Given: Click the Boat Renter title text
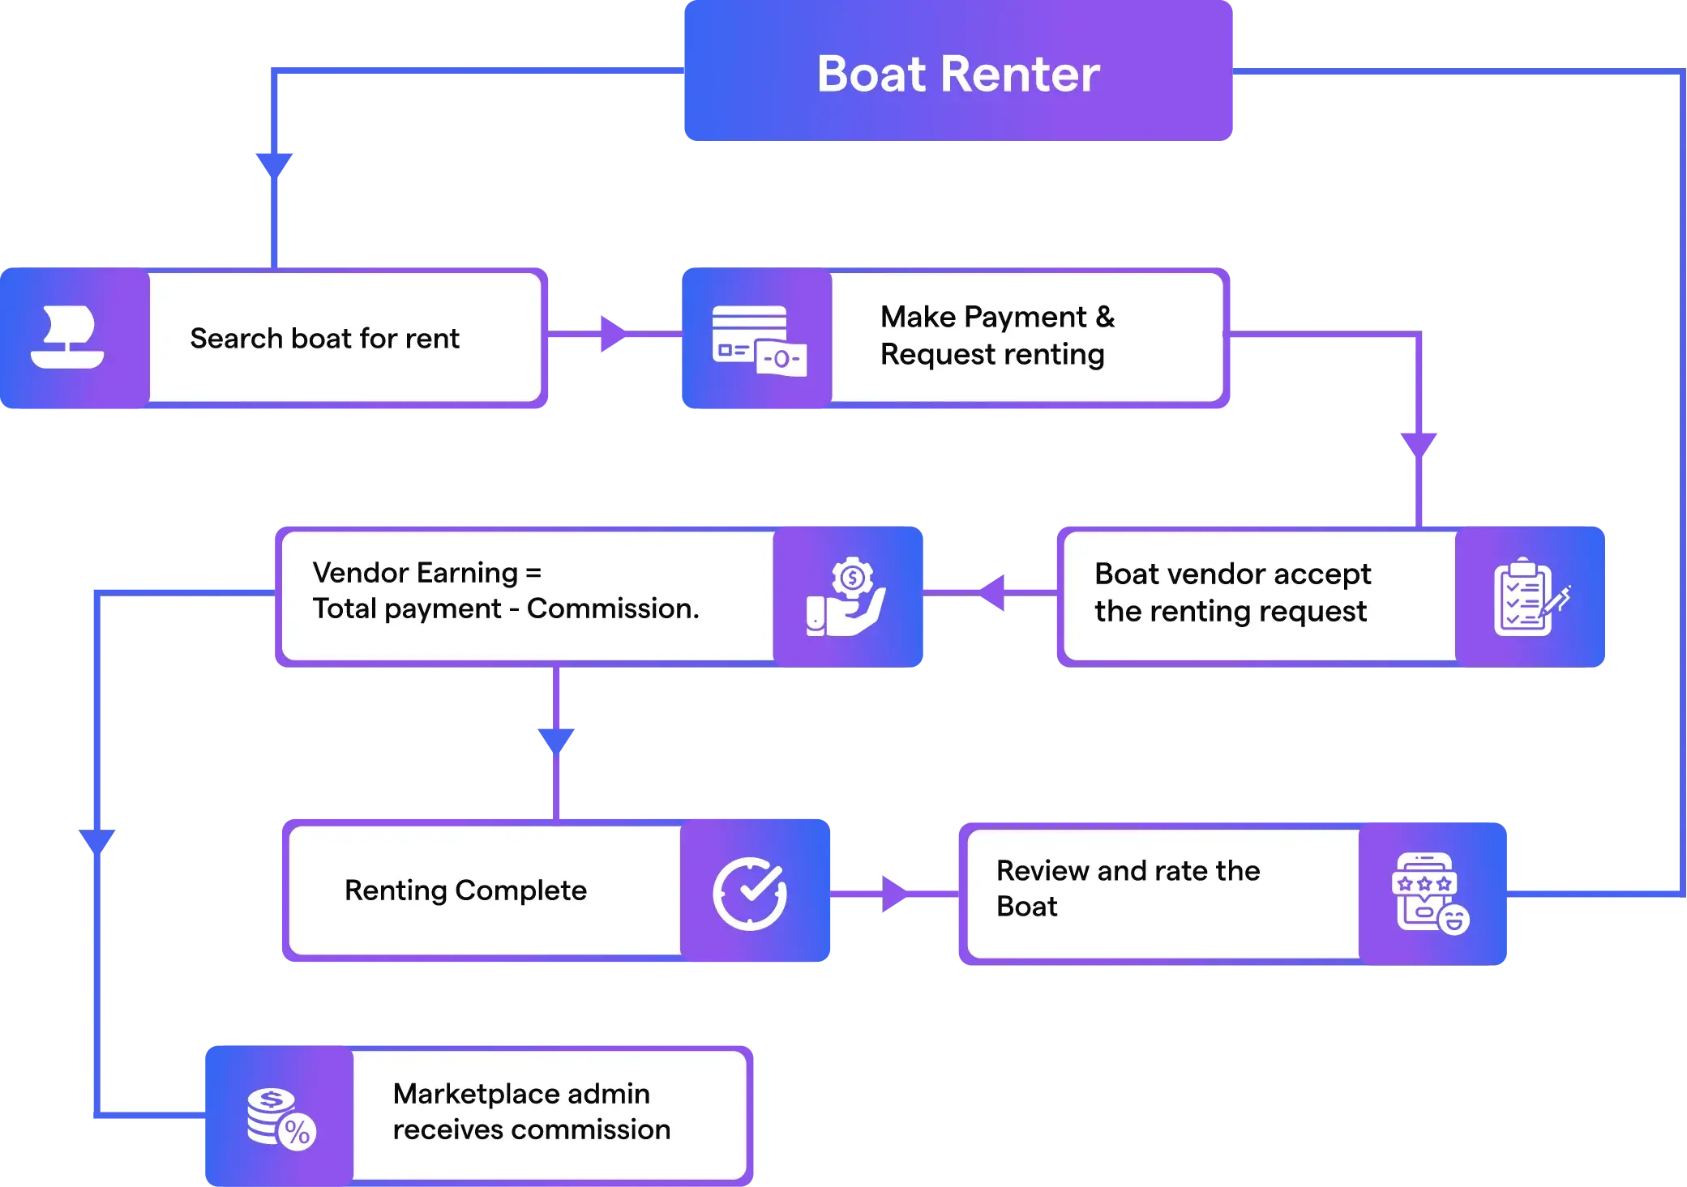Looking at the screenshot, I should pos(957,74).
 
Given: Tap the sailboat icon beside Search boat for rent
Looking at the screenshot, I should pos(68,337).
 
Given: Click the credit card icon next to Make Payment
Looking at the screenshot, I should pos(759,340).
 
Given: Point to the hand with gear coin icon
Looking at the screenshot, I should pos(847,597).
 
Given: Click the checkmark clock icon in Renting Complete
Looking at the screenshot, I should pos(750,893).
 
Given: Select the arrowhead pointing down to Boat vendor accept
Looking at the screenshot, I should pos(1419,443).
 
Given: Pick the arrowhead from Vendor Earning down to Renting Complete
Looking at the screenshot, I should pos(556,739).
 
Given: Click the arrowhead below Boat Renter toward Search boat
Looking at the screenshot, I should pos(274,162).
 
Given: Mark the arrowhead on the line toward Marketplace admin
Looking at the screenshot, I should pos(97,839).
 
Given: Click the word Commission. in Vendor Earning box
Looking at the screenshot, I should pos(613,608).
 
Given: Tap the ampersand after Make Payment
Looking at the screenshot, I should pos(1105,317).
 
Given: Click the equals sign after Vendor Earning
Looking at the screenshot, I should pos(533,573).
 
